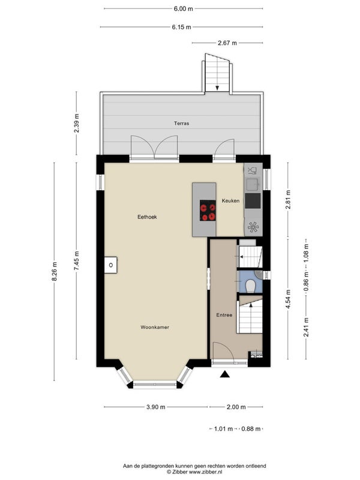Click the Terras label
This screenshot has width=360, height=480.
[x=182, y=124]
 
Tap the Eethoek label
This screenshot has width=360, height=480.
[x=147, y=217]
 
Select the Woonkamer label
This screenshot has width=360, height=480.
[x=155, y=327]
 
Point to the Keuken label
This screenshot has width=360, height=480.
[x=231, y=201]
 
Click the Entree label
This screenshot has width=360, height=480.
[x=224, y=314]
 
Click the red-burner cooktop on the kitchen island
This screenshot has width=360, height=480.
[x=208, y=211]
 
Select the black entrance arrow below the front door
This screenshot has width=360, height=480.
[x=225, y=374]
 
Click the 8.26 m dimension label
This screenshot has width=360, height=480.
[x=54, y=272]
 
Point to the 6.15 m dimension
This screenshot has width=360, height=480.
[x=182, y=27]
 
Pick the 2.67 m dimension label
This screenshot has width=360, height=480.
[x=227, y=43]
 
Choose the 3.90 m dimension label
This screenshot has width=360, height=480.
[x=156, y=407]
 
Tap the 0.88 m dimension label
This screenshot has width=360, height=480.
[x=251, y=428]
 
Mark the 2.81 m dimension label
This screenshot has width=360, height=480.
[x=288, y=200]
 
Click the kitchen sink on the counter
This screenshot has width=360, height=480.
[x=253, y=184]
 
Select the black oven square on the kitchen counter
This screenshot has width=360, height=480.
[x=253, y=201]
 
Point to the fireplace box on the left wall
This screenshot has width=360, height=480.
[x=110, y=265]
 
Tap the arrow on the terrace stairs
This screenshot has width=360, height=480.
[x=217, y=88]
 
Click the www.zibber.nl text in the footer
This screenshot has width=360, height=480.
[x=205, y=472]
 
